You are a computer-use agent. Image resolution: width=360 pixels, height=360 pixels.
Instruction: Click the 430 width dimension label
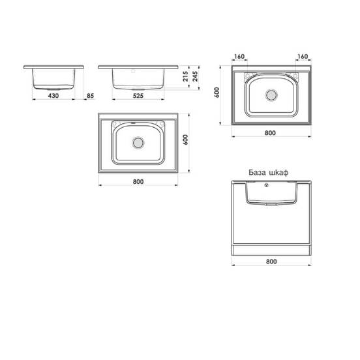(x=53, y=96)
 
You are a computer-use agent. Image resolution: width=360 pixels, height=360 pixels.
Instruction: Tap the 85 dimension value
(x=90, y=96)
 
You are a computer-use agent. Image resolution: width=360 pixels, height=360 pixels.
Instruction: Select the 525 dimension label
(x=138, y=96)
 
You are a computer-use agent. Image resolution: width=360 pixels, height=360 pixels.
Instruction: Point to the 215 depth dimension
(x=185, y=76)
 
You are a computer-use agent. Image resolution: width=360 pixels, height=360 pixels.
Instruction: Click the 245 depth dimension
(x=195, y=76)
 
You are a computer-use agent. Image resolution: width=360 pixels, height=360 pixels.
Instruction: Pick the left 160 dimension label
(x=239, y=56)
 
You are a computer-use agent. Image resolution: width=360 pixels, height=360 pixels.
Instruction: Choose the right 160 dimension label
(x=303, y=56)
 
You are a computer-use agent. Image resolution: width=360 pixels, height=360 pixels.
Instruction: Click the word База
(x=257, y=172)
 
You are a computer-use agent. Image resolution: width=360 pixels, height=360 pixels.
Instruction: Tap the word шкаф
(x=278, y=173)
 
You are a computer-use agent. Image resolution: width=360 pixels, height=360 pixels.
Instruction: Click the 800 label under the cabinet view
(x=271, y=262)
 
